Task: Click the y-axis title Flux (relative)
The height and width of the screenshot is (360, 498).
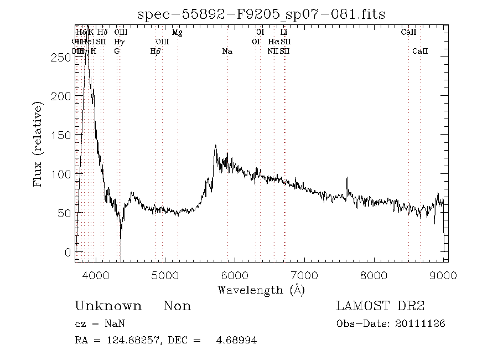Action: click(x=39, y=144)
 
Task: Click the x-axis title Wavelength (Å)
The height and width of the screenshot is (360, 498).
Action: click(x=261, y=290)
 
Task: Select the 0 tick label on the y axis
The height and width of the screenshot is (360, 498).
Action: click(x=68, y=251)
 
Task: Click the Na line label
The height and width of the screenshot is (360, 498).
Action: click(x=227, y=52)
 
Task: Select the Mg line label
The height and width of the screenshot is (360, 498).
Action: click(x=177, y=33)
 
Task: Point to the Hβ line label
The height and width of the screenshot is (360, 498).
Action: click(x=155, y=52)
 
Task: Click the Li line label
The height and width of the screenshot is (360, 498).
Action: click(x=284, y=33)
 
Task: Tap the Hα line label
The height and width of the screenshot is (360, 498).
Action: click(x=273, y=42)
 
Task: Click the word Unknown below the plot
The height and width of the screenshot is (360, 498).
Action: click(x=108, y=306)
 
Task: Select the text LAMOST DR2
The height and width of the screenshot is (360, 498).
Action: click(x=382, y=306)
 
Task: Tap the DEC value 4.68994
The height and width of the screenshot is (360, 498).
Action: click(x=236, y=341)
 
